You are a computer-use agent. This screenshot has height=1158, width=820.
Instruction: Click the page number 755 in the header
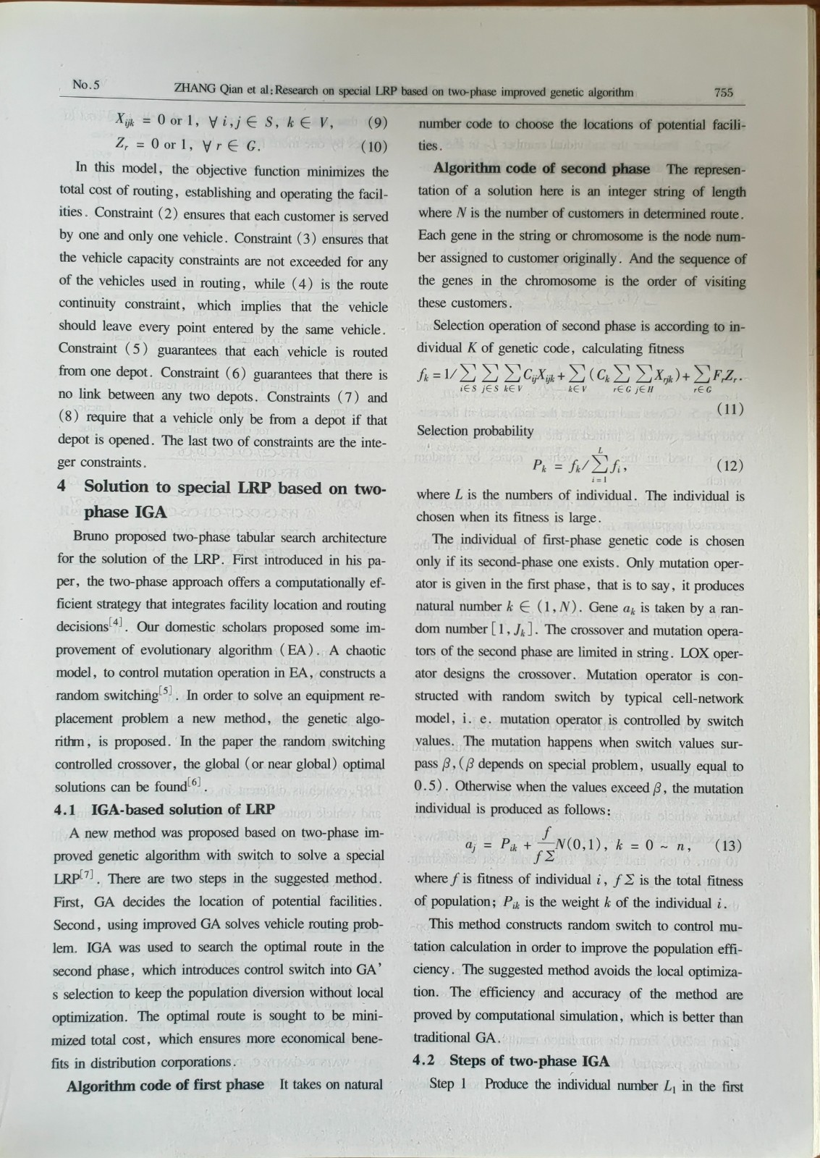tap(724, 92)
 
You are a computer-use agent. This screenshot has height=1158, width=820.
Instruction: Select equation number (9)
tap(378, 122)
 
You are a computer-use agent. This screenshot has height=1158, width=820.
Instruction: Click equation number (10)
tap(374, 146)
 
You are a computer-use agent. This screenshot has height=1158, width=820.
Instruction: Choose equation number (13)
tap(728, 845)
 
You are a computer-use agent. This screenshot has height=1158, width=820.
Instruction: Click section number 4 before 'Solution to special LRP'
tap(62, 486)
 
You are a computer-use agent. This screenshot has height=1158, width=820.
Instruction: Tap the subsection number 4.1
tap(67, 810)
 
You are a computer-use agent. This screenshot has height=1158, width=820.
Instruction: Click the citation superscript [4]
tap(117, 622)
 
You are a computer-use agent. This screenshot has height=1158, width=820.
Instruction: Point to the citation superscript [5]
tap(166, 691)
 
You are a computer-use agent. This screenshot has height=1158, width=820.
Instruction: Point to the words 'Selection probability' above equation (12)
tap(474, 431)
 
